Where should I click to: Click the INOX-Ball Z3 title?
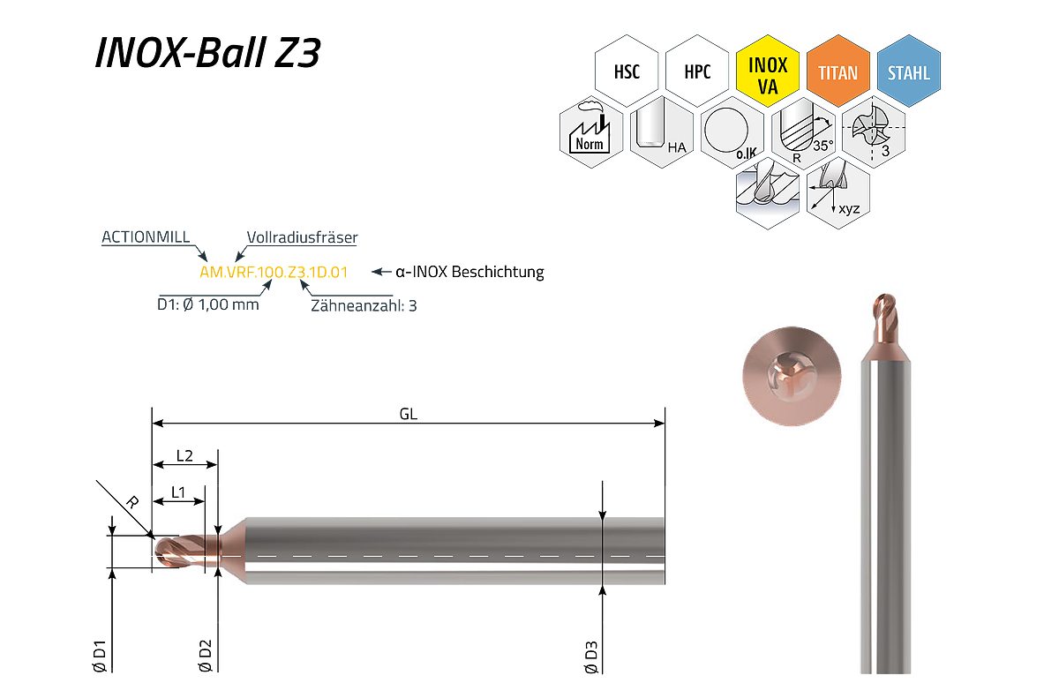pos(208,52)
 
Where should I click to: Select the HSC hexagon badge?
pos(627,71)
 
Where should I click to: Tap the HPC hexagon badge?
pos(697,71)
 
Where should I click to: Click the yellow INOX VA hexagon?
pos(768,71)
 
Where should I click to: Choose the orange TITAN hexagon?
pos(838,71)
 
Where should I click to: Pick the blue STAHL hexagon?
pos(909,71)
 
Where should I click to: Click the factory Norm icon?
pos(591,131)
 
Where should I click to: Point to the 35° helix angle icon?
pos(803,131)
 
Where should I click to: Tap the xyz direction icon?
pos(838,193)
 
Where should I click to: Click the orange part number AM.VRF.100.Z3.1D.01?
pos(274,273)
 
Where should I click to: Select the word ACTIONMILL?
pos(146,236)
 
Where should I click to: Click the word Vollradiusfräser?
pos(302,236)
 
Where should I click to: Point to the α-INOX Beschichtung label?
pos(469,272)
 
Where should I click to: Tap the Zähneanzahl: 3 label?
pos(364,306)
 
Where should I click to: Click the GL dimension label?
pos(409,414)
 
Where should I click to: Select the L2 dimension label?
pos(184,455)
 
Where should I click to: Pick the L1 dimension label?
pos(177,492)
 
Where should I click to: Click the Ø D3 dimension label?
pos(591,657)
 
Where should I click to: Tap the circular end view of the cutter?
pos(792,376)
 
